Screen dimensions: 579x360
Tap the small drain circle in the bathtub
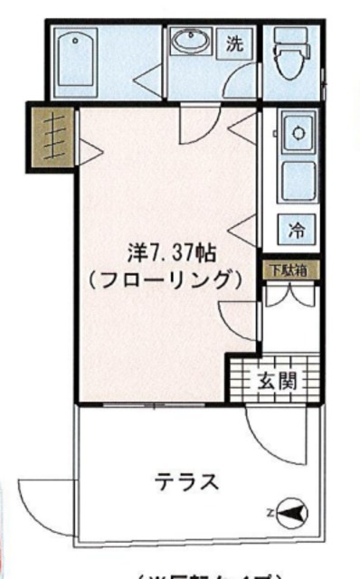[73, 42]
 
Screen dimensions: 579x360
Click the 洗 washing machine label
[235, 43]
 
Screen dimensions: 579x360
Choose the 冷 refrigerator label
[296, 230]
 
